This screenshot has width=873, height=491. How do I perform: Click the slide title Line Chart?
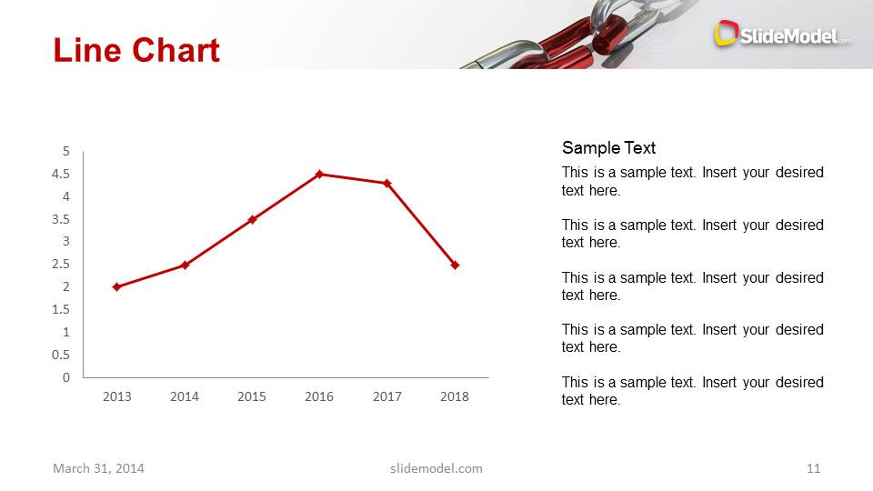[136, 50]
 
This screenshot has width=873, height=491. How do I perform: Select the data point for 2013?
[116, 286]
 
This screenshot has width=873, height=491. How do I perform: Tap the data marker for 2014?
[185, 265]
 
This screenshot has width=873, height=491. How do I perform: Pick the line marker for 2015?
[252, 219]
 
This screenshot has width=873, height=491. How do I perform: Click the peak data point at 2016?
[319, 174]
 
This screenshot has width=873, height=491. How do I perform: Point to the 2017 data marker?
[386, 184]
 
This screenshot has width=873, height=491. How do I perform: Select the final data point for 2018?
[455, 265]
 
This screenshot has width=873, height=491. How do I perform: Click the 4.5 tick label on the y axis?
[61, 174]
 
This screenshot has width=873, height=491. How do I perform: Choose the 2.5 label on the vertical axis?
[61, 264]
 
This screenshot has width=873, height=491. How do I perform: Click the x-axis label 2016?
[319, 396]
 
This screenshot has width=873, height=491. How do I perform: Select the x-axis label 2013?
[116, 396]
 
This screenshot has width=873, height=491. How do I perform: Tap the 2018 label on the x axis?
[455, 396]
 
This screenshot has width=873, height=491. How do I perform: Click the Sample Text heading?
[608, 148]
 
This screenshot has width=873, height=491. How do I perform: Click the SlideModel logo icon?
[725, 34]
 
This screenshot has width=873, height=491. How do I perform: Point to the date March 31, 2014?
[98, 468]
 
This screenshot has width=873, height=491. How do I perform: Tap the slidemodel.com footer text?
[436, 468]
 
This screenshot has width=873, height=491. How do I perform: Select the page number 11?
[813, 468]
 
